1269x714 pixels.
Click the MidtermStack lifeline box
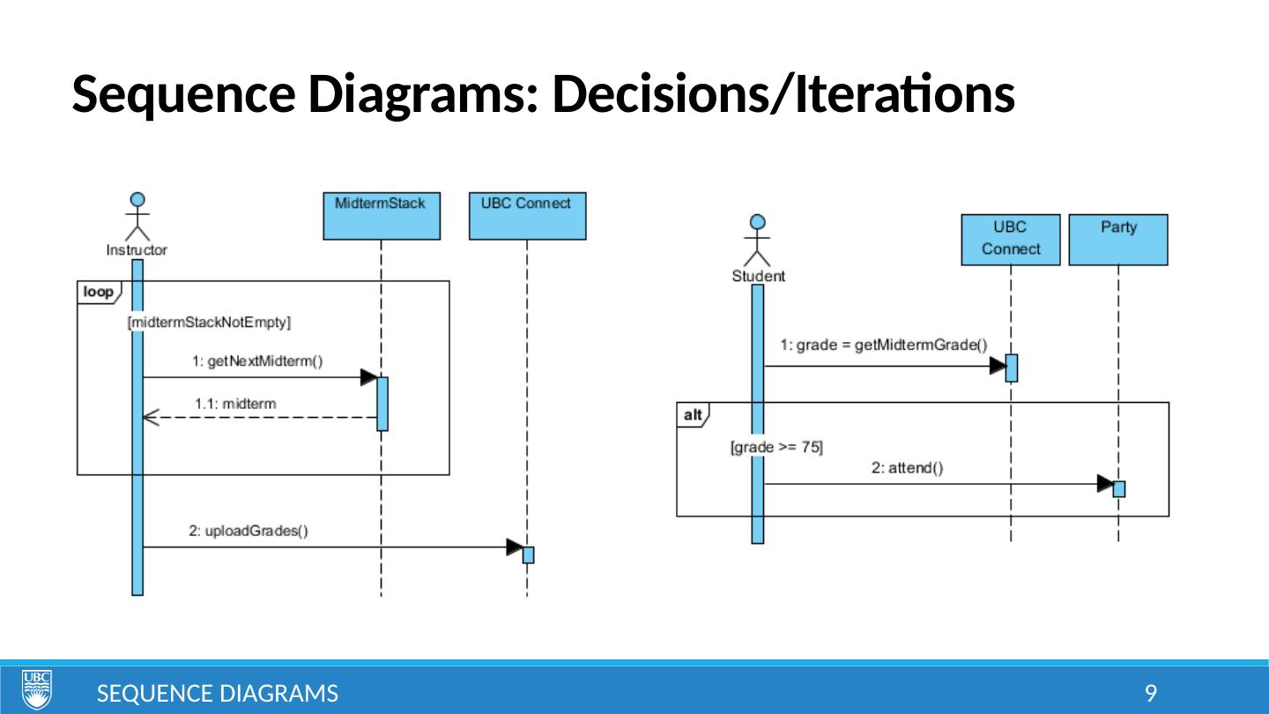pos(381,215)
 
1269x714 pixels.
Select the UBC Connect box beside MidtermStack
pos(527,215)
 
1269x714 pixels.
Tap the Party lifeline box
pos(1117,239)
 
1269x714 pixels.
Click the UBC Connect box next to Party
pos(1010,239)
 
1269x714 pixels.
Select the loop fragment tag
pos(98,291)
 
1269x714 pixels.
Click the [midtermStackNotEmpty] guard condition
pos(210,323)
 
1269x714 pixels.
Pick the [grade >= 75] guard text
pos(776,447)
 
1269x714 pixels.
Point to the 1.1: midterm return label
pos(235,404)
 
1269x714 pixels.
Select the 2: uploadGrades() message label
pos(249,531)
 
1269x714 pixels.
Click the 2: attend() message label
pos(908,469)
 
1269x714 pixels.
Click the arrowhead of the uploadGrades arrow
pos(515,547)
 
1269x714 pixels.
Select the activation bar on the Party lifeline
pos(1118,488)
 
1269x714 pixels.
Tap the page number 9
pos(1150,694)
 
